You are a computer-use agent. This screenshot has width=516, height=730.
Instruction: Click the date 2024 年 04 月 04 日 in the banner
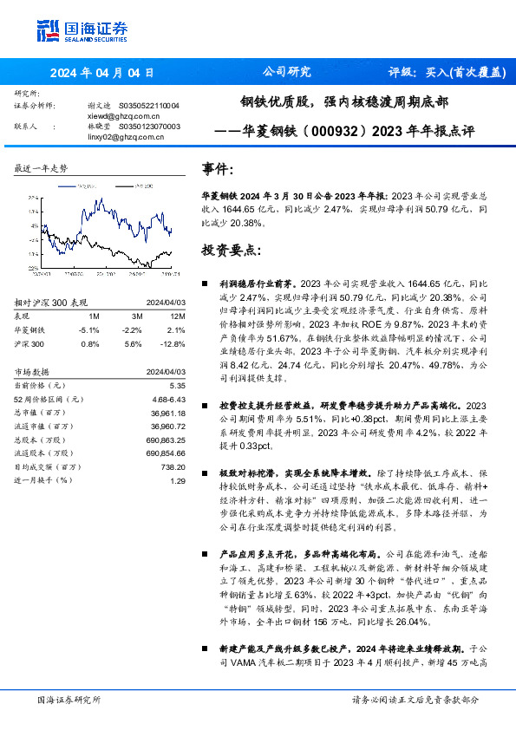coord(101,73)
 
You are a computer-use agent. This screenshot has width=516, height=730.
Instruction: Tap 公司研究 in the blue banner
coord(286,73)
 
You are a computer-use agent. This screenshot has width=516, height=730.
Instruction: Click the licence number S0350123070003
coord(146,127)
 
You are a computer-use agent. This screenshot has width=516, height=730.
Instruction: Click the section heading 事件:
coord(217,169)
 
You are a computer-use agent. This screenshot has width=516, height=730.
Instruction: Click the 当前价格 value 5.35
coord(178,384)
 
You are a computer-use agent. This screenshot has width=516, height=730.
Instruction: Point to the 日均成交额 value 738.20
coord(173,466)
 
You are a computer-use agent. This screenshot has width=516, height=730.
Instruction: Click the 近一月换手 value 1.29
coord(178,480)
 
